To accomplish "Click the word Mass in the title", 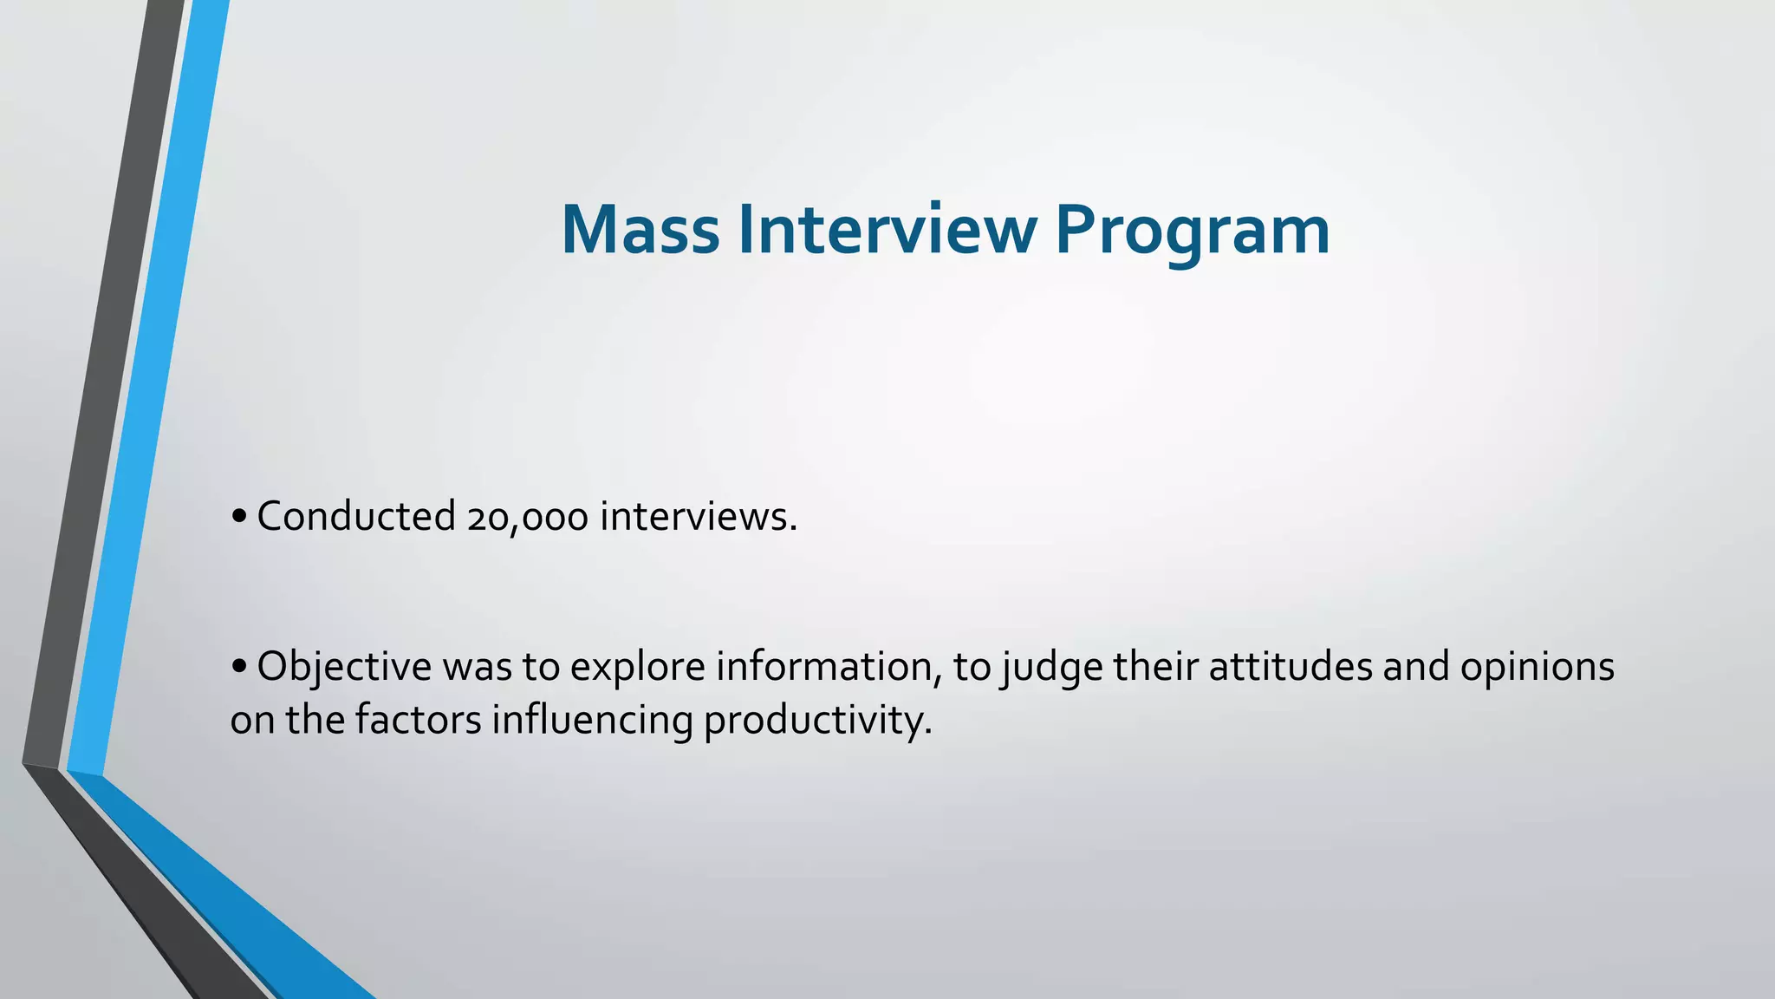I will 640,230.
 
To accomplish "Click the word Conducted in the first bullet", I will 356,517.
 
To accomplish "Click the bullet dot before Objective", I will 240,668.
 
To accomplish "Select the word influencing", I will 592,721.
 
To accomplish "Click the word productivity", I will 816,721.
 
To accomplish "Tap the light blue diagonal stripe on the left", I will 147,390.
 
